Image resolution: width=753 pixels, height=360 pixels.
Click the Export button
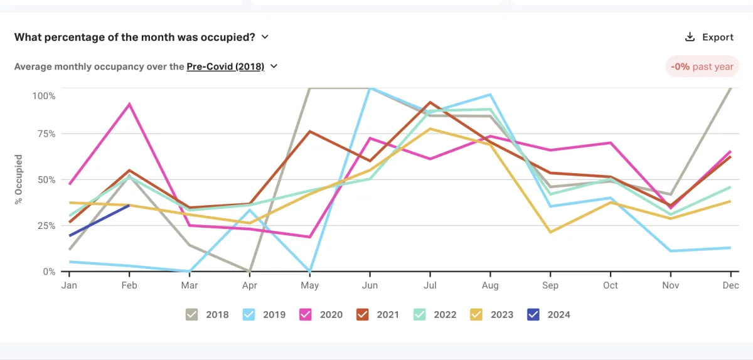tap(709, 37)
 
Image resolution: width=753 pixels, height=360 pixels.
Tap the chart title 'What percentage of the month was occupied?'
tap(134, 37)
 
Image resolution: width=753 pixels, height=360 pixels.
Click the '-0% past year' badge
tap(702, 66)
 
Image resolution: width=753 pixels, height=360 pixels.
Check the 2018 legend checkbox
tap(193, 314)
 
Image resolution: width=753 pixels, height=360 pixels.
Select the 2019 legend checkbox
tap(250, 314)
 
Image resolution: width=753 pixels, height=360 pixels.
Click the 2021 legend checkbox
tap(363, 314)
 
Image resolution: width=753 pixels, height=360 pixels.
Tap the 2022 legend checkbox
tap(420, 314)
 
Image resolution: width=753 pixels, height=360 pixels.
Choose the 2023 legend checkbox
tap(477, 314)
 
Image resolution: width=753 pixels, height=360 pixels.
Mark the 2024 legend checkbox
tap(534, 314)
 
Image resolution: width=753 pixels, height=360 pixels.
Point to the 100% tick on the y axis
tap(44, 96)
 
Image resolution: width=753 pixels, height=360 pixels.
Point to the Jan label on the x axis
tap(69, 285)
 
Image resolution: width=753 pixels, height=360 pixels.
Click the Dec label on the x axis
tap(730, 285)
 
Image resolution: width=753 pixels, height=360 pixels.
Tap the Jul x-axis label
tap(430, 285)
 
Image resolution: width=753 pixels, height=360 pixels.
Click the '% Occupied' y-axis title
tap(19, 179)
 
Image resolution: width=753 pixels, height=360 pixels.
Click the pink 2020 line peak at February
tap(129, 104)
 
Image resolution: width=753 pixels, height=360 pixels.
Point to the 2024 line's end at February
tap(129, 205)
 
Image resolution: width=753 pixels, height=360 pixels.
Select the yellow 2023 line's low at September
tap(550, 232)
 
